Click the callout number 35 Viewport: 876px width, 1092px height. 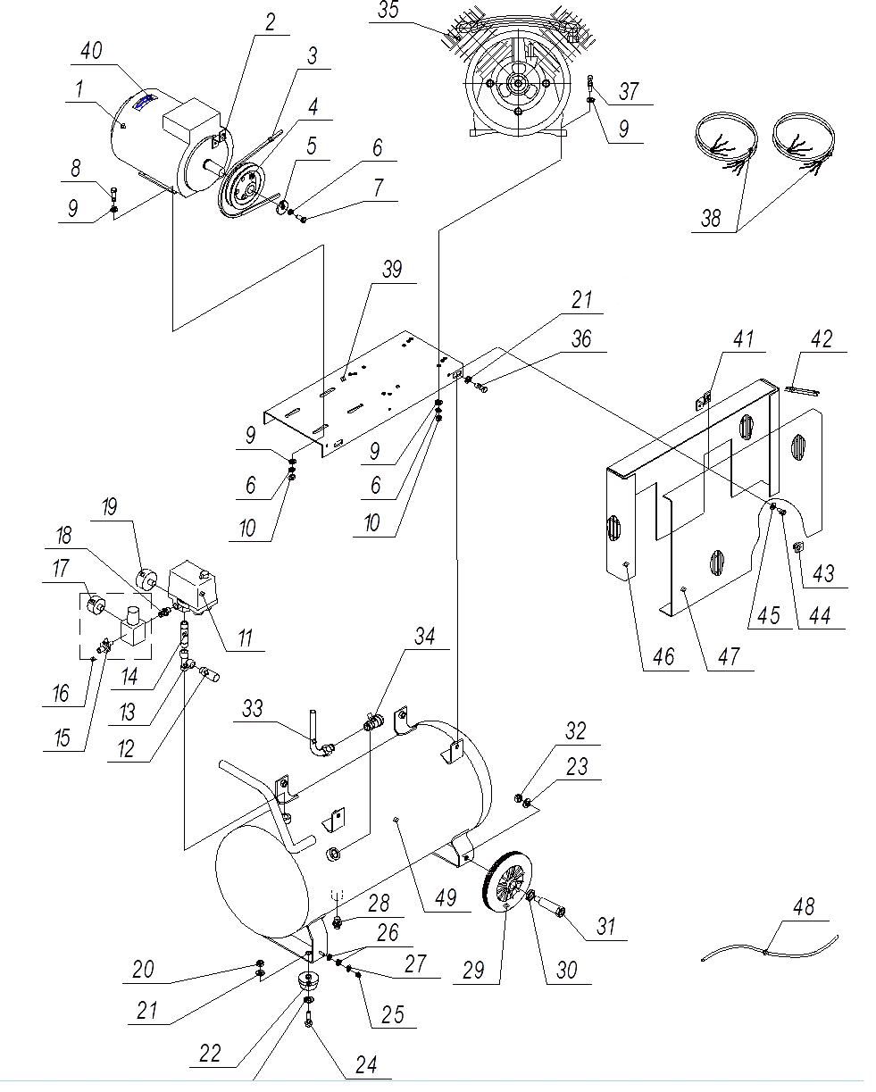(388, 10)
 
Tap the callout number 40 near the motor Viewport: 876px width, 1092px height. (91, 51)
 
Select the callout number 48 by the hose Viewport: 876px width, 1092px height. (804, 907)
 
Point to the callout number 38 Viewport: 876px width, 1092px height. (711, 219)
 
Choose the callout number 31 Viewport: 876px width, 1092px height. (605, 927)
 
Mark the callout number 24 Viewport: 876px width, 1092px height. (366, 1065)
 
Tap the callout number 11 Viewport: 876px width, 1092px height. (246, 638)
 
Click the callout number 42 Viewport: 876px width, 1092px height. (822, 339)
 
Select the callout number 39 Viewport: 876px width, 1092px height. (392, 270)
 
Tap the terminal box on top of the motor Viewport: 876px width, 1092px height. (191, 120)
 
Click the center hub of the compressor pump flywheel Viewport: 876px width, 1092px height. (518, 83)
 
